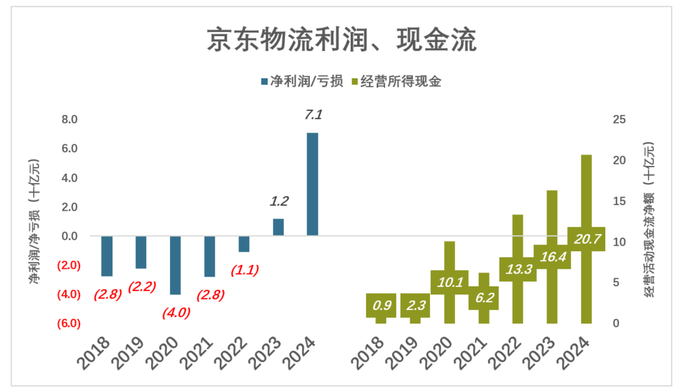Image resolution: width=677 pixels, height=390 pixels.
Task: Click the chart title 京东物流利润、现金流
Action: [342, 40]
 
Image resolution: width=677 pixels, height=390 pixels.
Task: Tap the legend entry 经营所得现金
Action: [400, 82]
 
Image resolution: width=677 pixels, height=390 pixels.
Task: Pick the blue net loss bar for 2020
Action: [175, 265]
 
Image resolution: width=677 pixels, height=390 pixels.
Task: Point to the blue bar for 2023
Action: [278, 227]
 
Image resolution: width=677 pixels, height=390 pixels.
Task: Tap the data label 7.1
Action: [313, 115]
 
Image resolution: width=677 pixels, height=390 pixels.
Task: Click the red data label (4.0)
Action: [175, 312]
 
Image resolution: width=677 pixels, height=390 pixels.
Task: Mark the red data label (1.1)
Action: [244, 269]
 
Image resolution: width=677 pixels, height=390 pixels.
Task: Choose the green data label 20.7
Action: [586, 239]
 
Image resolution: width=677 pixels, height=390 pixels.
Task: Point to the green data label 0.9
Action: [381, 305]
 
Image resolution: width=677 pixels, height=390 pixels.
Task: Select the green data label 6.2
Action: [483, 297]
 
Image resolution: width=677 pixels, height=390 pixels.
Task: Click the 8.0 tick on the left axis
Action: [70, 120]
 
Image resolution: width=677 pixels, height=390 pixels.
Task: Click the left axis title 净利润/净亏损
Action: [35, 221]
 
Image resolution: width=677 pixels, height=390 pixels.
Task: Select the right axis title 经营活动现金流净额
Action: [649, 219]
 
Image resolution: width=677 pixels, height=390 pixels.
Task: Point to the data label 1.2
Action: [279, 201]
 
